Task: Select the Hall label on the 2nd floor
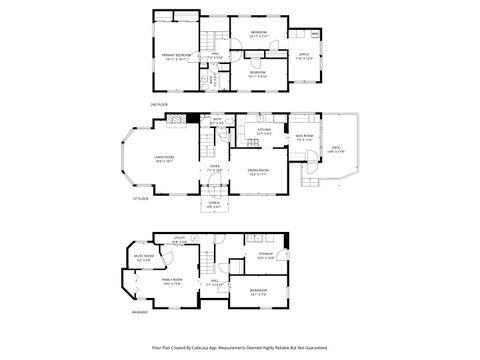212,56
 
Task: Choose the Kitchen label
264,130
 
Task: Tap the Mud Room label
305,139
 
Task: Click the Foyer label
214,169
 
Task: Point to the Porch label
214,206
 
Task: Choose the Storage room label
265,256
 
